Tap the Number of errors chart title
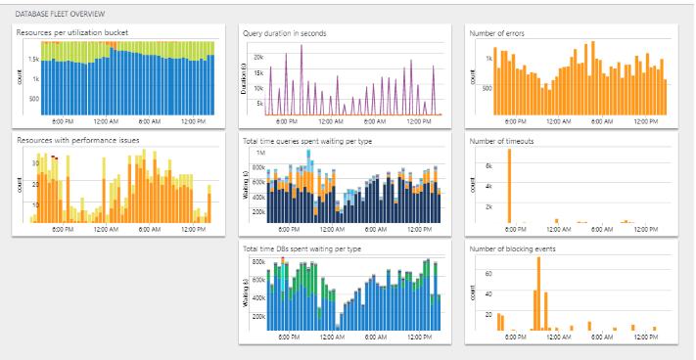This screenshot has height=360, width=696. pyautogui.click(x=497, y=32)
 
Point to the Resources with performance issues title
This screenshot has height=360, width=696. pyautogui.click(x=78, y=140)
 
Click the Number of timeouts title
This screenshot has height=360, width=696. pyautogui.click(x=501, y=140)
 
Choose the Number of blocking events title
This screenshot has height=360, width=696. pyautogui.click(x=510, y=247)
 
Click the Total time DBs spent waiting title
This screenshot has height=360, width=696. pyautogui.click(x=304, y=247)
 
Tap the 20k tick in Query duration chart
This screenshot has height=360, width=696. pyautogui.click(x=258, y=57)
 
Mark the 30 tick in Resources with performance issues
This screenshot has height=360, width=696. pyautogui.click(x=35, y=165)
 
